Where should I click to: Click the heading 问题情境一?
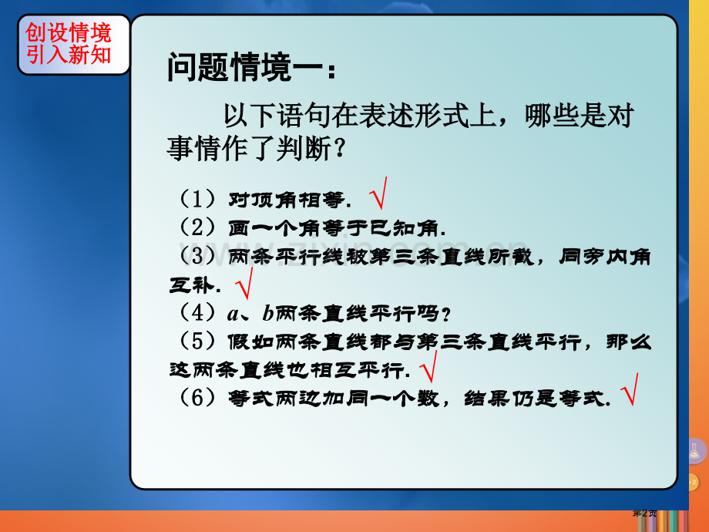click(x=250, y=69)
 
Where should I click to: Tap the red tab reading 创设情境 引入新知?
click(x=69, y=44)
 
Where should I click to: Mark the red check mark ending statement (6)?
click(x=630, y=389)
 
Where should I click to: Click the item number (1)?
click(x=197, y=200)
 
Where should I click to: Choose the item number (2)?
click(x=197, y=227)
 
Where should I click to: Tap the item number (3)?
click(x=197, y=256)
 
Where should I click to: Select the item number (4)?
click(x=197, y=313)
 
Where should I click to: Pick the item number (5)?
click(x=197, y=341)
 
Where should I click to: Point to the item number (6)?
click(x=197, y=398)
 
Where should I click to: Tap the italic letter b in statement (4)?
click(x=268, y=313)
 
